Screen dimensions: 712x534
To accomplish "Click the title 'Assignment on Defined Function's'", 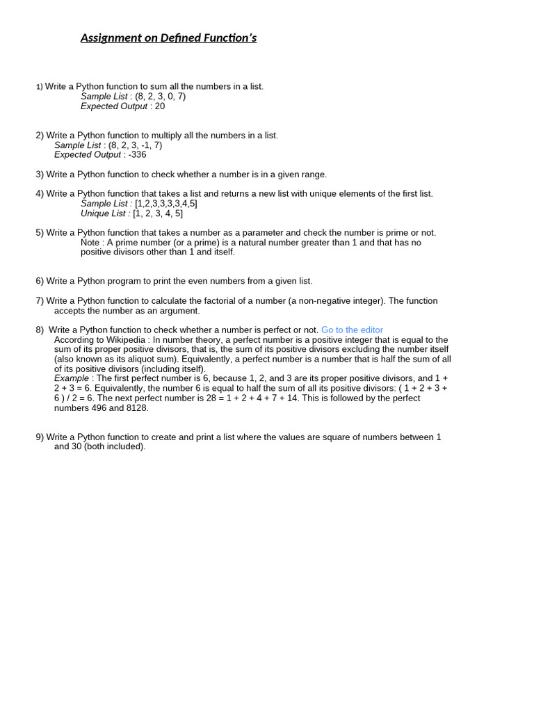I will click(x=168, y=38).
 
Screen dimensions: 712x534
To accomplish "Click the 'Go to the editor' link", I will click(x=352, y=330).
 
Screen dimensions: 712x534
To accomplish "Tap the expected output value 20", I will click(x=160, y=106).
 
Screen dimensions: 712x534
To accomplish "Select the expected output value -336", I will click(x=138, y=155).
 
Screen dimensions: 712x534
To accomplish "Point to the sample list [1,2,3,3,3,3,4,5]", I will click(x=166, y=204).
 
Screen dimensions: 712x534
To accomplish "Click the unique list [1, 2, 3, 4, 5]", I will click(x=158, y=213).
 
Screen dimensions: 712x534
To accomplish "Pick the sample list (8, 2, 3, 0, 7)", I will click(x=160, y=97).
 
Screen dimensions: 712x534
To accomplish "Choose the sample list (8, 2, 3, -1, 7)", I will click(x=135, y=145).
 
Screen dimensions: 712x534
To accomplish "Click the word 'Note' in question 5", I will click(x=90, y=243).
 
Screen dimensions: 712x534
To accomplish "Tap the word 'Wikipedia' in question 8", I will click(x=126, y=340).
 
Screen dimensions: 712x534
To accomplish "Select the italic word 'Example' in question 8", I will click(x=72, y=379).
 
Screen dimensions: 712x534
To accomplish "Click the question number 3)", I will click(x=40, y=175).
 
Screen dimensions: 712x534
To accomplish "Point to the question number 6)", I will click(x=40, y=282).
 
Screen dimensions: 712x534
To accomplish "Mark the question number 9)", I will click(x=40, y=437).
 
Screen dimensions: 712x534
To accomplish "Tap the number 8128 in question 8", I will click(x=137, y=408).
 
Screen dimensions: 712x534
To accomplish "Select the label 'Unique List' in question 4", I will click(x=104, y=213).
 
